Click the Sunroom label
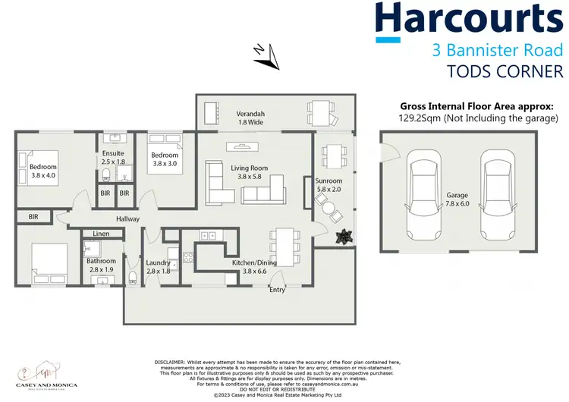pos(329,181)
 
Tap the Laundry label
pos(159,262)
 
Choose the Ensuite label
pos(113,153)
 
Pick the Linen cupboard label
pos(102,234)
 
